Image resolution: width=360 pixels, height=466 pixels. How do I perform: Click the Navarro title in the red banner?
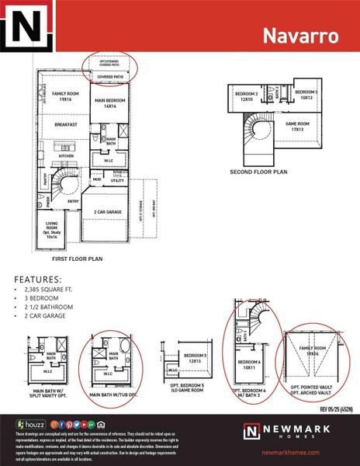click(x=299, y=35)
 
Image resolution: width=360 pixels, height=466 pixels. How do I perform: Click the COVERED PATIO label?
click(x=109, y=78)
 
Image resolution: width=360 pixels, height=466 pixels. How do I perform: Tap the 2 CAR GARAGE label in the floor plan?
click(x=110, y=211)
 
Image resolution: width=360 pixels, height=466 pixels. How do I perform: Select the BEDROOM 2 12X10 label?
click(x=247, y=96)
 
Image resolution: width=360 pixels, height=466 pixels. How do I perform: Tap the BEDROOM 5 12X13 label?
click(x=195, y=358)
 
